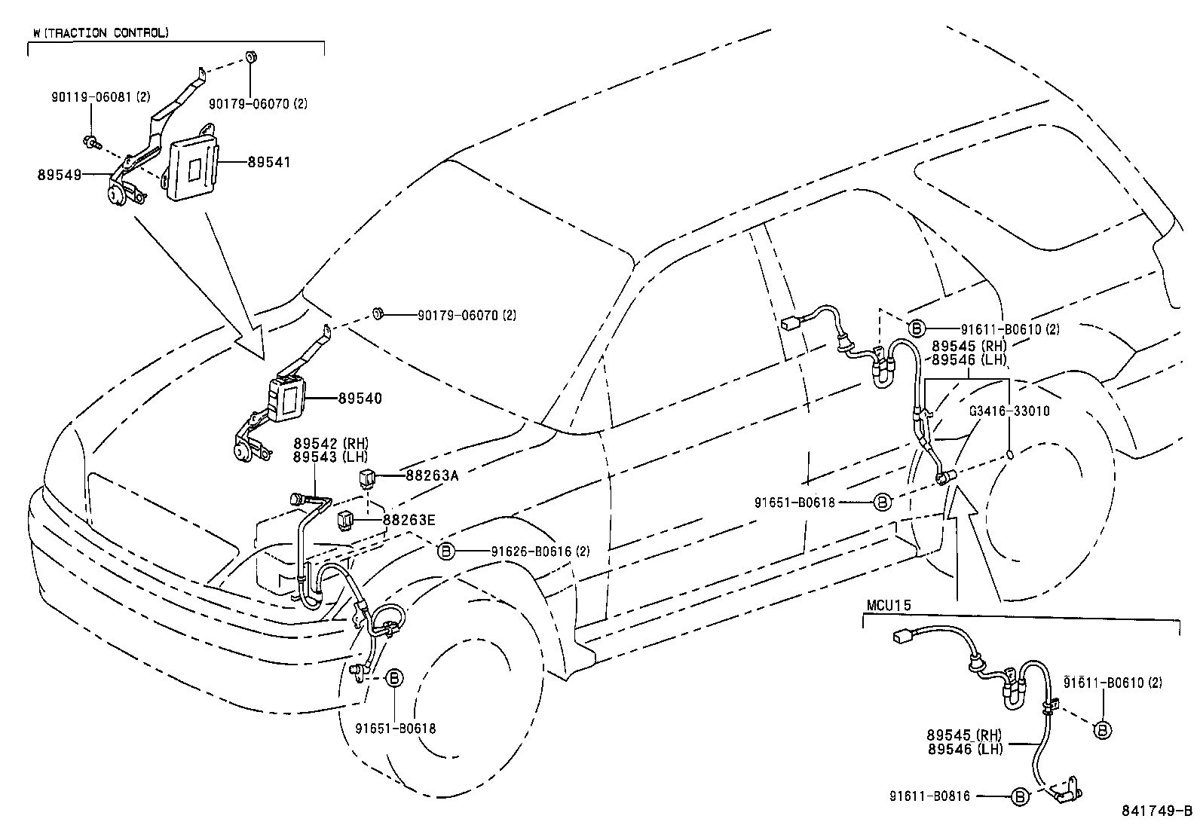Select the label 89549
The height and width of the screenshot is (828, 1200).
pyautogui.click(x=59, y=174)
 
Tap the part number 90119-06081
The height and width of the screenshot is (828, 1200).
pyautogui.click(x=91, y=97)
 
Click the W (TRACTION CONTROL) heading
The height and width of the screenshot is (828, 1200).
pyautogui.click(x=101, y=33)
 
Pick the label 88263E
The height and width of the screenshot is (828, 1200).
pyautogui.click(x=409, y=519)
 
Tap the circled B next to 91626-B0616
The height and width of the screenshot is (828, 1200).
pyautogui.click(x=445, y=551)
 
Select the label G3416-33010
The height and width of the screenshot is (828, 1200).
pyautogui.click(x=1009, y=411)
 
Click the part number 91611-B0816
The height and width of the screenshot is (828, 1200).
pyautogui.click(x=929, y=796)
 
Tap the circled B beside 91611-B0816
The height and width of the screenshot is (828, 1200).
pyautogui.click(x=1019, y=796)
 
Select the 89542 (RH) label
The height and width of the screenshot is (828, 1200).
pyautogui.click(x=331, y=443)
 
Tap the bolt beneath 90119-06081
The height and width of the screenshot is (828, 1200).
pyautogui.click(x=91, y=140)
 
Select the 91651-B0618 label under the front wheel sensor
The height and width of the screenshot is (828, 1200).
pyautogui.click(x=395, y=729)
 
